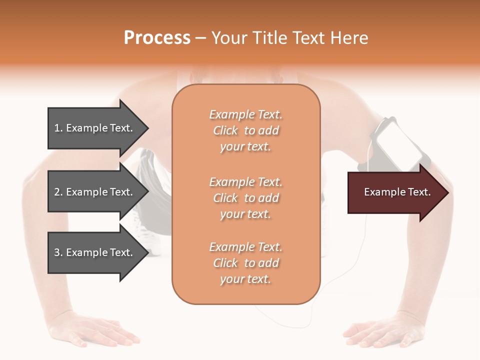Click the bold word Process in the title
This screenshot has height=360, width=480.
pos(157,38)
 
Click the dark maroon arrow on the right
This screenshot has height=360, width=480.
pos(395,192)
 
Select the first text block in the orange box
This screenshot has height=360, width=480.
pos(245,130)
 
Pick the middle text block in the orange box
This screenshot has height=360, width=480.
pos(245,198)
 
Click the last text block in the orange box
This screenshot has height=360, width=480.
pos(245,263)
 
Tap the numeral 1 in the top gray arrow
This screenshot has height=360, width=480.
pos(57,128)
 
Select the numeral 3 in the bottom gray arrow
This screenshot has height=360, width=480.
pos(57,252)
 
